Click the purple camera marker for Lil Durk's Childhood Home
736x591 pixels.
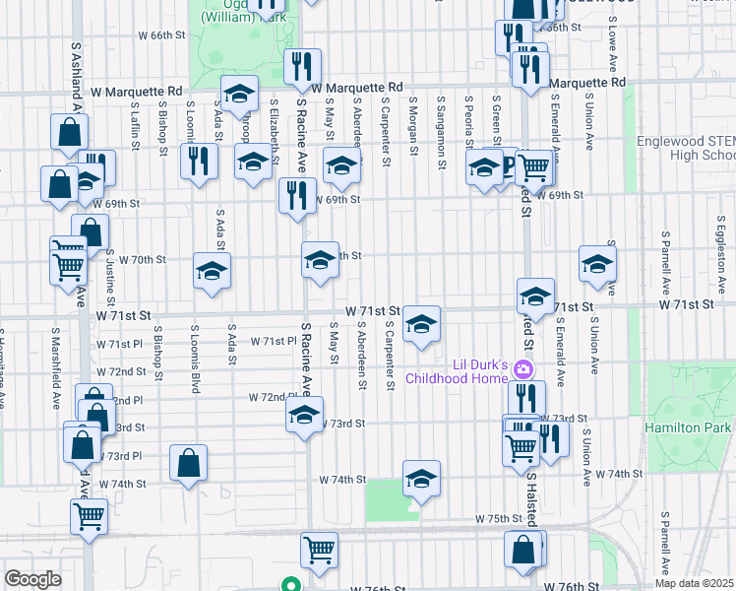pyautogui.click(x=523, y=369)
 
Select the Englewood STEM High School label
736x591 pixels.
pyautogui.click(x=686, y=148)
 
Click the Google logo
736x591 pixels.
pyautogui.click(x=32, y=578)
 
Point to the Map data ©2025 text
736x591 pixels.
pyautogui.click(x=694, y=583)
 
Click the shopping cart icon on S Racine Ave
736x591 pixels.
pyautogui.click(x=319, y=550)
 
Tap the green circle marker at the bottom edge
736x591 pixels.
pyautogui.click(x=291, y=583)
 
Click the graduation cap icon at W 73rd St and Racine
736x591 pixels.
pyautogui.click(x=305, y=416)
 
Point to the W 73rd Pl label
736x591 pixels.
pyautogui.click(x=125, y=456)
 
